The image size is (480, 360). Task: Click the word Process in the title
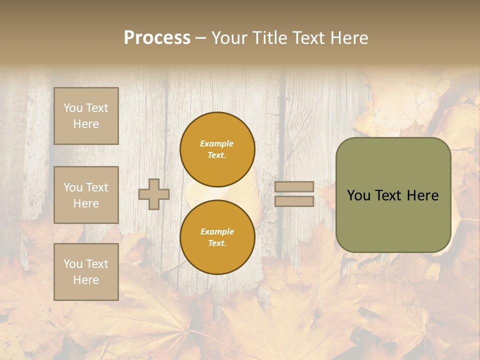pyautogui.click(x=157, y=38)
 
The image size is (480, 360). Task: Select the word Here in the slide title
pyautogui.click(x=348, y=38)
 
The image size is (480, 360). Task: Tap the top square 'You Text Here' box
pyautogui.click(x=86, y=116)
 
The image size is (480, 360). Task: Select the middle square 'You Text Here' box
pyautogui.click(x=86, y=195)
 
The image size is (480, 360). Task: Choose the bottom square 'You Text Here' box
pyautogui.click(x=86, y=271)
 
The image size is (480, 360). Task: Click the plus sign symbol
pyautogui.click(x=154, y=194)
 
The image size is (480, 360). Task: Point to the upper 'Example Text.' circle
pyautogui.click(x=217, y=149)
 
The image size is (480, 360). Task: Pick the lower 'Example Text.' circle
pyautogui.click(x=217, y=237)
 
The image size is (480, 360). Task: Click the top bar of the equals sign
pyautogui.click(x=294, y=186)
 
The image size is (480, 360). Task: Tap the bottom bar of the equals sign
pyautogui.click(x=294, y=201)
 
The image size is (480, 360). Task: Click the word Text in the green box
pyautogui.click(x=392, y=195)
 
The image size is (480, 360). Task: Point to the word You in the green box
pyautogui.click(x=358, y=195)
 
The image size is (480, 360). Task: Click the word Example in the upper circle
pyautogui.click(x=217, y=143)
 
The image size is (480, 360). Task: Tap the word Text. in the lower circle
pyautogui.click(x=217, y=243)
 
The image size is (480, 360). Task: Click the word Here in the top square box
pyautogui.click(x=86, y=124)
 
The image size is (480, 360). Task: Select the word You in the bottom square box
pyautogui.click(x=73, y=264)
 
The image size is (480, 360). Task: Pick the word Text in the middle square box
pyautogui.click(x=96, y=187)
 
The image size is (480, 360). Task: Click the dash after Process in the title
pyautogui.click(x=200, y=38)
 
